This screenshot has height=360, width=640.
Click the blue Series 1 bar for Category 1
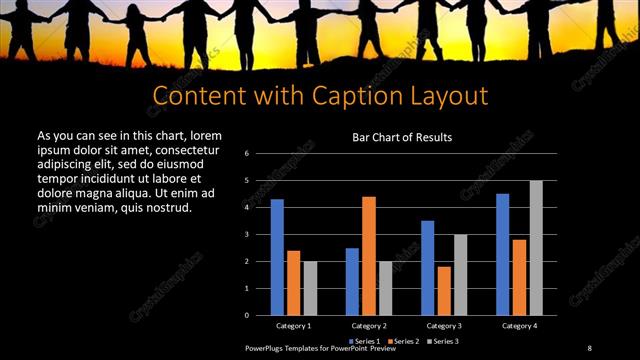(x=277, y=257)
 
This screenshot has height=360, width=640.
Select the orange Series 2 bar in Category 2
(x=368, y=256)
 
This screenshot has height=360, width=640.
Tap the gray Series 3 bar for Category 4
(x=536, y=248)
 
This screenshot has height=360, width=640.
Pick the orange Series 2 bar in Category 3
(x=443, y=291)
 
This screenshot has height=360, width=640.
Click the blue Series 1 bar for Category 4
(x=502, y=255)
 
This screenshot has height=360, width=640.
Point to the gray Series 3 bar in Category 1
(x=310, y=288)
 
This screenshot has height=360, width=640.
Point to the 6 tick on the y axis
(x=246, y=154)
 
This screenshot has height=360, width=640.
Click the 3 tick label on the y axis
(x=246, y=235)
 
